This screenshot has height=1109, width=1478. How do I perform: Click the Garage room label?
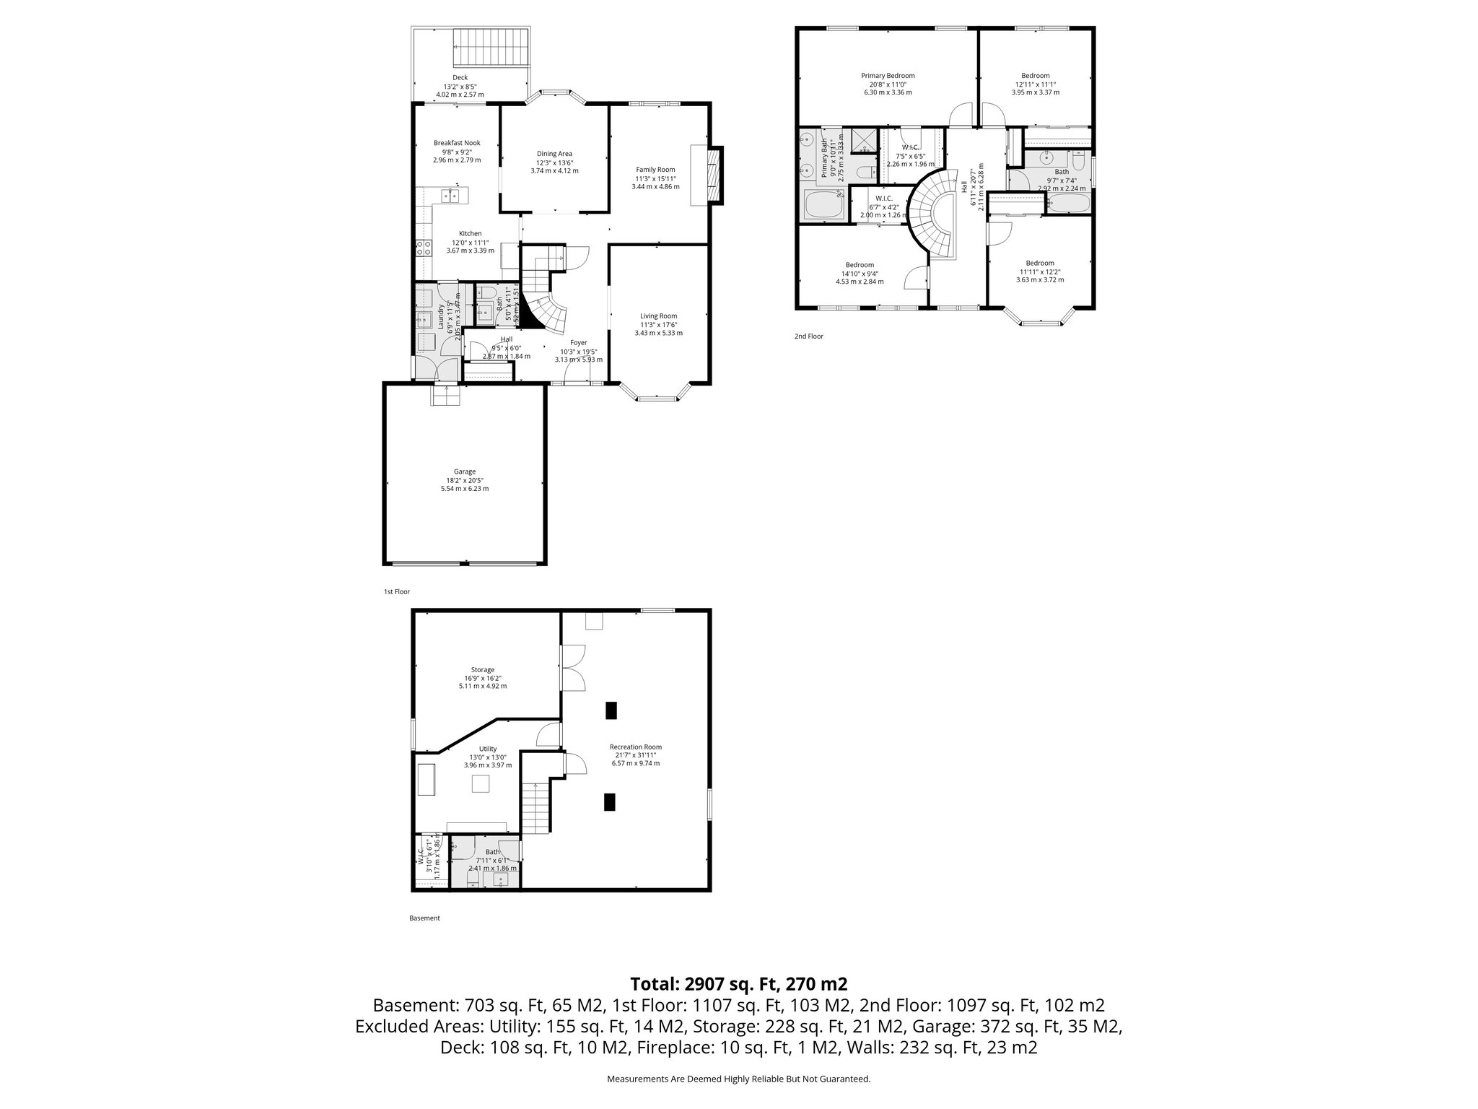465,471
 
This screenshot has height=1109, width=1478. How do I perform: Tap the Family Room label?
655,170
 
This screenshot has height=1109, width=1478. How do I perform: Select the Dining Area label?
554,153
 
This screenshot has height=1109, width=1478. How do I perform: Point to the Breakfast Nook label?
457,143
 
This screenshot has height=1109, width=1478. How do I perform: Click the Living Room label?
658,316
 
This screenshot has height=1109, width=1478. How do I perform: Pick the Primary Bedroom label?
888,76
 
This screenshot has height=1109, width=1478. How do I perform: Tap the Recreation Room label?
635,747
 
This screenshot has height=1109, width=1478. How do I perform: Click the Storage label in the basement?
483,670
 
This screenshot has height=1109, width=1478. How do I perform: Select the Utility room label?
488,749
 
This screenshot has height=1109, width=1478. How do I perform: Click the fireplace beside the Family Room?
714,175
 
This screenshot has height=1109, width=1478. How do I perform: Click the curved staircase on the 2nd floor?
931,217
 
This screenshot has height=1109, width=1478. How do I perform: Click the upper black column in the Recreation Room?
611,710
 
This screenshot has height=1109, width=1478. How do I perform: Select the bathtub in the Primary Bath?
823,204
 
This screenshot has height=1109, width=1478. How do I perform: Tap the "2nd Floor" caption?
808,336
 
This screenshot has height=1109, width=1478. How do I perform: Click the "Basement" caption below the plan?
424,918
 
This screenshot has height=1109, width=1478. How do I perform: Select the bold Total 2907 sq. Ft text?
738,984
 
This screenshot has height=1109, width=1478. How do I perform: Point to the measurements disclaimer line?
738,1079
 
